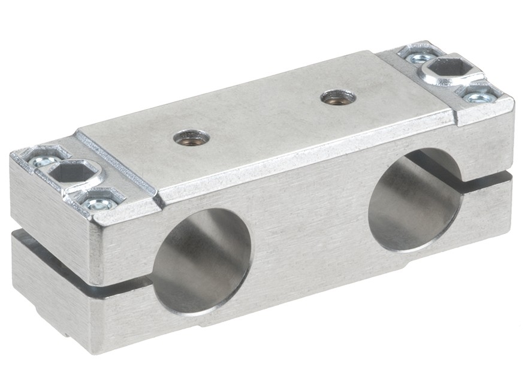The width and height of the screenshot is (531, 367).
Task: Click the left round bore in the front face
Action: tap(201, 260)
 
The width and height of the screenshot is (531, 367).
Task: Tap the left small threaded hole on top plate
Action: tap(192, 138)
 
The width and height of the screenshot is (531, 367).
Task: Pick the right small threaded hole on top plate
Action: tap(338, 96)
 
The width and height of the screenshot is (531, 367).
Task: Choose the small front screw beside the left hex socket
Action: tap(98, 204)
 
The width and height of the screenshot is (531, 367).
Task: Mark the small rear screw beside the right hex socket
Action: tap(419, 57)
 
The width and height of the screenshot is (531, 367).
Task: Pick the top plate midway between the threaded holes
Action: tap(265, 117)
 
